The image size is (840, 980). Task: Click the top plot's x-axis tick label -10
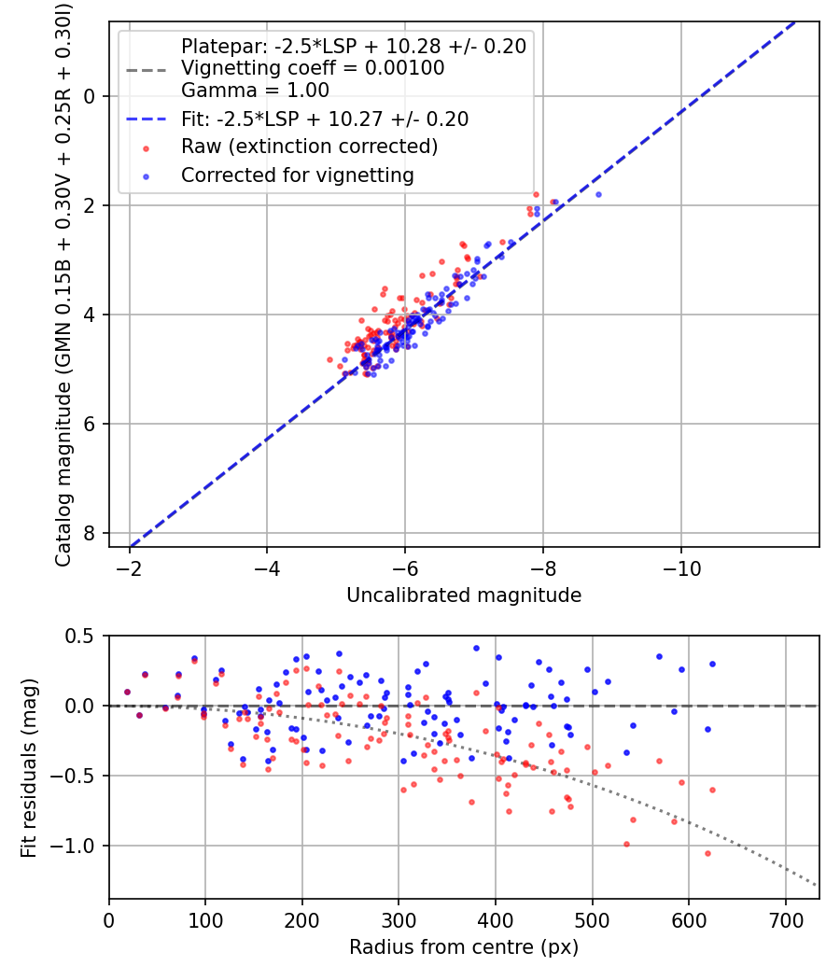(x=681, y=567)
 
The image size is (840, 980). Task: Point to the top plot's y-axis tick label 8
(x=89, y=533)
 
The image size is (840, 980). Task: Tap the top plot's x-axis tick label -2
(x=130, y=567)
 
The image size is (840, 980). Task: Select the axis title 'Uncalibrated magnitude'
(x=464, y=595)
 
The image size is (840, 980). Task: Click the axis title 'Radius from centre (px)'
(x=464, y=947)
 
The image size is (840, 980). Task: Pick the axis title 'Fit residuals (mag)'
(x=29, y=767)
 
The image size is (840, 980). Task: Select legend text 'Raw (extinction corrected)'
(x=309, y=147)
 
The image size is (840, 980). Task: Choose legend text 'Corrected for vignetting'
(x=297, y=175)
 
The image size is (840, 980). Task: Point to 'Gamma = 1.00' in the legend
(x=255, y=91)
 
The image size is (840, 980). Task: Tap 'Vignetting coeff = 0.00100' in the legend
(x=313, y=68)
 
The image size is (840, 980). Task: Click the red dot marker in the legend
(x=147, y=147)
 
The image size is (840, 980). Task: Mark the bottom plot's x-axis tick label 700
(x=785, y=920)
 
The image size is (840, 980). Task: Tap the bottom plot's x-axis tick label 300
(x=399, y=920)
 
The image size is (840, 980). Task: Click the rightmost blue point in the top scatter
(x=598, y=194)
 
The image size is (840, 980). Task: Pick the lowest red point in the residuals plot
(x=707, y=853)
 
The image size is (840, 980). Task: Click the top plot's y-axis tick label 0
(x=89, y=96)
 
